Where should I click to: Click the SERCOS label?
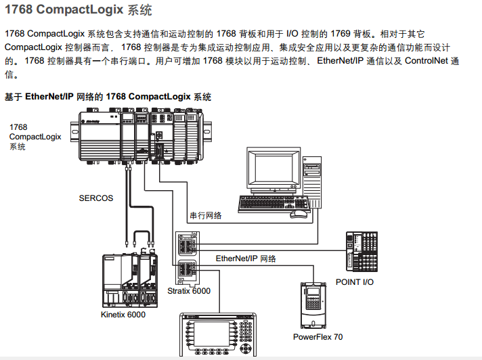pyautogui.click(x=96, y=198)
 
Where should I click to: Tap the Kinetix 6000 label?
pyautogui.click(x=123, y=314)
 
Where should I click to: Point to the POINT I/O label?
pyautogui.click(x=354, y=282)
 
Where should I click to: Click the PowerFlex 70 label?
pyautogui.click(x=317, y=336)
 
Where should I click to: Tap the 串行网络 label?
pyautogui.click(x=206, y=215)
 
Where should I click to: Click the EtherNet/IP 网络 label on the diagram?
pyautogui.click(x=246, y=258)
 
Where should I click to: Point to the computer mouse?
pyautogui.click(x=298, y=214)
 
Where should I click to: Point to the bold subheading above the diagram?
pyautogui.click(x=108, y=97)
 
